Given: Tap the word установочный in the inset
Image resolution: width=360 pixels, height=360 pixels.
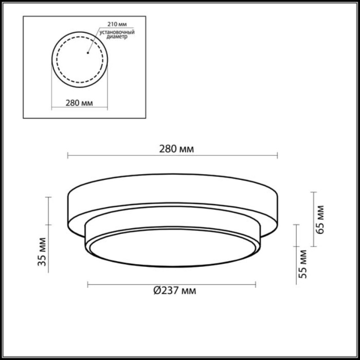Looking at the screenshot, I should pyautogui.click(x=114, y=33).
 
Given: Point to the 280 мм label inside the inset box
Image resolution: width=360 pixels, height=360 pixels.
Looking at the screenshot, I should pyautogui.click(x=79, y=103).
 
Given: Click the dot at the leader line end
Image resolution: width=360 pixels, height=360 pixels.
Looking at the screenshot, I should pyautogui.click(x=88, y=51).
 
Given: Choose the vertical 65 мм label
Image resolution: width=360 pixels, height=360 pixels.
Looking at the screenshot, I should pyautogui.click(x=321, y=219).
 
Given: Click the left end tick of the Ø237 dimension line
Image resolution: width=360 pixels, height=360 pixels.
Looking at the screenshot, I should pyautogui.click(x=88, y=284).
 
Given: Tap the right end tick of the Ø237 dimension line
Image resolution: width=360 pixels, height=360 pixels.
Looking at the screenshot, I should pyautogui.click(x=256, y=284).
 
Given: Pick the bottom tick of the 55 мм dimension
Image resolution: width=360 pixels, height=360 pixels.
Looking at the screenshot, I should pyautogui.click(x=297, y=282).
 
